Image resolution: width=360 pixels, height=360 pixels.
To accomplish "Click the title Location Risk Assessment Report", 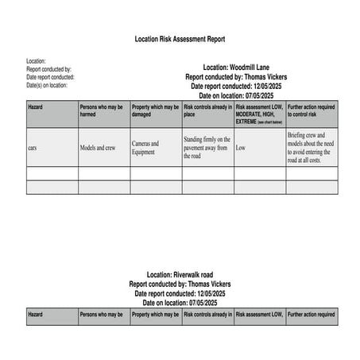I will click(180, 38).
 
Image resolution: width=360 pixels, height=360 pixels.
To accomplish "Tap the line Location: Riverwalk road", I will click(180, 274).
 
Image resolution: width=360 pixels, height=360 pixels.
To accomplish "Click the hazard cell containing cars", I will click(33, 148).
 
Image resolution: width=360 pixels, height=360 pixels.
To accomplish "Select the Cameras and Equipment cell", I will click(145, 148).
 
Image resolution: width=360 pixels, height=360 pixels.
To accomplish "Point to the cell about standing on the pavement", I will click(207, 147).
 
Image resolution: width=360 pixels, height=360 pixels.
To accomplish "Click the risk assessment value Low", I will click(241, 148).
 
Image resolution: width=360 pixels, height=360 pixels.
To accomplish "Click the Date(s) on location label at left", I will click(47, 85).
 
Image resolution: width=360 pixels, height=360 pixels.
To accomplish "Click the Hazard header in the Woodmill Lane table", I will click(36, 106).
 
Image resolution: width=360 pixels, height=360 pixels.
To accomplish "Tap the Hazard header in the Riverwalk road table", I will click(36, 315).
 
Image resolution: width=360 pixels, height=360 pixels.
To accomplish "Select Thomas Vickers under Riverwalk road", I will click(209, 284).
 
